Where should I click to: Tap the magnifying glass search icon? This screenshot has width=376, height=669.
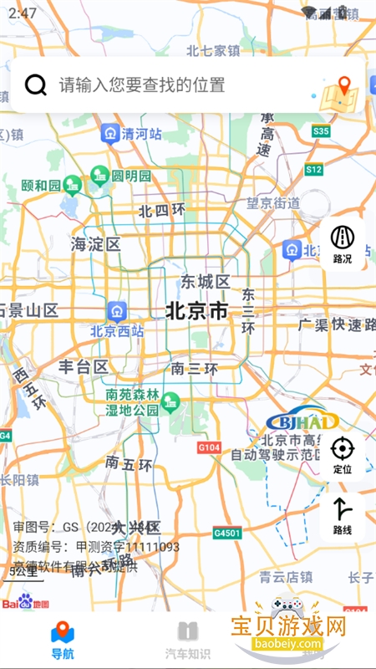click(x=36, y=84)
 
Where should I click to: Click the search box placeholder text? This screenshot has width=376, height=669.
click(x=142, y=84)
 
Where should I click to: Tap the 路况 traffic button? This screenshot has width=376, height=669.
click(x=343, y=243)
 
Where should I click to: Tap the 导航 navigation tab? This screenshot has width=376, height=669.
click(x=63, y=640)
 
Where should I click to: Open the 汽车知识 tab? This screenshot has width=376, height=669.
click(x=188, y=640)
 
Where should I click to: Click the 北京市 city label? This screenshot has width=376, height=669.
click(x=196, y=311)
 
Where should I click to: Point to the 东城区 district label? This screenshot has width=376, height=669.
click(x=206, y=281)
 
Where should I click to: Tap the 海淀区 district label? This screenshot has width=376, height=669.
click(x=96, y=244)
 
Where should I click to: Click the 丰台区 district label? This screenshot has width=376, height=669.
click(x=84, y=366)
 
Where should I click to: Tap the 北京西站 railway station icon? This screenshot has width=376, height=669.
click(x=117, y=312)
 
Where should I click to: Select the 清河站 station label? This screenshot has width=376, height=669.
click(x=141, y=133)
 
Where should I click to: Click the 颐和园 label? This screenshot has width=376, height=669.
click(x=41, y=185)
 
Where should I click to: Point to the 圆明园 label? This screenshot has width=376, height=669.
click(x=131, y=176)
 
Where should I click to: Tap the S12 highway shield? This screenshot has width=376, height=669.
click(x=313, y=170)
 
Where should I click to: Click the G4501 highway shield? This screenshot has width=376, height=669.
click(x=226, y=533)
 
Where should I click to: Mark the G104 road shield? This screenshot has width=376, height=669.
click(x=210, y=448)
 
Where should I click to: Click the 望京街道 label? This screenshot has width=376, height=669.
click(x=273, y=203)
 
